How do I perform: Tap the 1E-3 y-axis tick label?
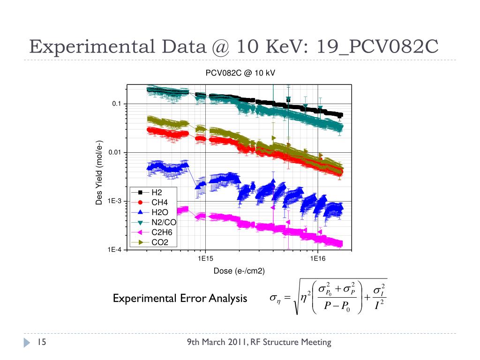(114, 201)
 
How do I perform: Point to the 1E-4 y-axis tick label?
(114, 250)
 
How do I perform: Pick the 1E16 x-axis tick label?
(318, 258)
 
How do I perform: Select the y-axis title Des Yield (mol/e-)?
(99, 172)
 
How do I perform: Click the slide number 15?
(40, 343)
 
